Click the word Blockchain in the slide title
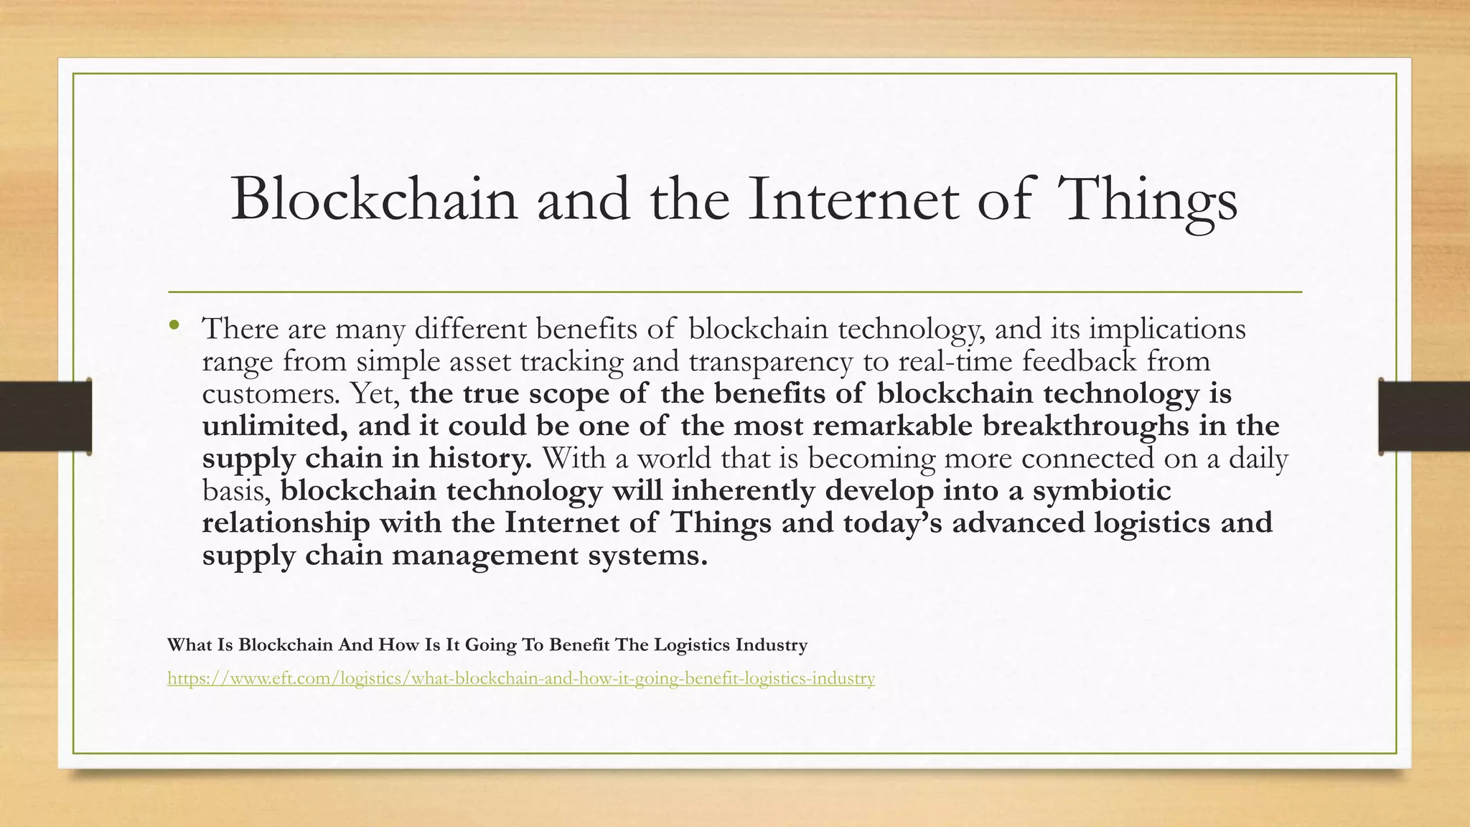point(373,200)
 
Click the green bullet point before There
point(174,327)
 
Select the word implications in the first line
point(1167,329)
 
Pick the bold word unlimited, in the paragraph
point(275,426)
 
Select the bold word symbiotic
point(1101,490)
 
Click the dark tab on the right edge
point(1424,416)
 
